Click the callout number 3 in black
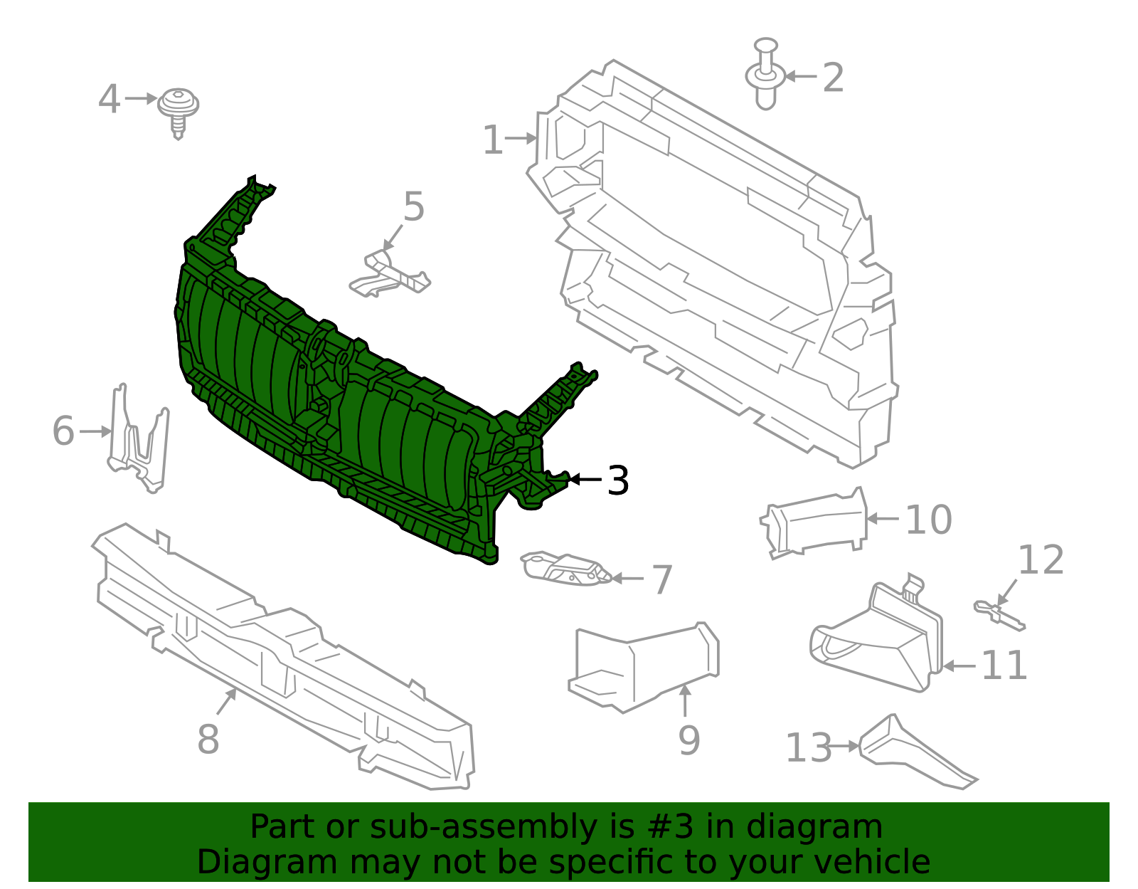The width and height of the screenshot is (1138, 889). [x=618, y=481]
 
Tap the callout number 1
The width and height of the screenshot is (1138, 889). [x=492, y=140]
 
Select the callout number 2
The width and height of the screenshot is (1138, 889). [x=833, y=78]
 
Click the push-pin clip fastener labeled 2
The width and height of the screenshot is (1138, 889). [x=765, y=75]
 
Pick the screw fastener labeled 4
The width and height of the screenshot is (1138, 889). [x=178, y=110]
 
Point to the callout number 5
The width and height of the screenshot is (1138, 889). [x=413, y=207]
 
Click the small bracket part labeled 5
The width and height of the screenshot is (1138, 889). [x=390, y=275]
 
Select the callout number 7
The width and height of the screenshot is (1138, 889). [x=662, y=580]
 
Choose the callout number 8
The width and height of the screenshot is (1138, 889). [x=208, y=740]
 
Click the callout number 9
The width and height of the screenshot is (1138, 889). [x=688, y=741]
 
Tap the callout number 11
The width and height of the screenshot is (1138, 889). [x=1004, y=666]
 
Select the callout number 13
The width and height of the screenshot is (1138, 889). [x=808, y=748]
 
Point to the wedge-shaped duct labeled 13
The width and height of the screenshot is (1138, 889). [x=915, y=755]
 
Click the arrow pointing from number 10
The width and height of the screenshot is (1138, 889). [x=883, y=519]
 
